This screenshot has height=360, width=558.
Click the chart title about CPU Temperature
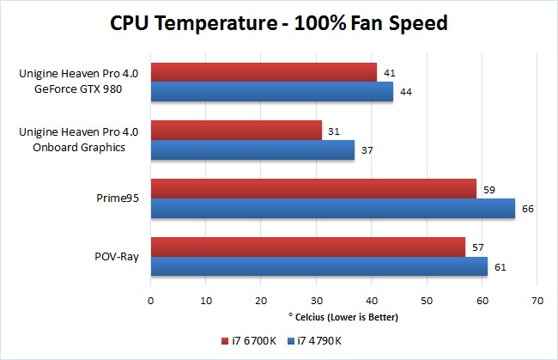point(278,23)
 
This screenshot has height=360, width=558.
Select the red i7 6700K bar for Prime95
point(313,188)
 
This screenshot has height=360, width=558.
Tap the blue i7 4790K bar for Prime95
point(333,209)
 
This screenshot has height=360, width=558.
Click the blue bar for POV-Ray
point(319,267)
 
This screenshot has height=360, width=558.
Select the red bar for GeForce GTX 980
point(264,72)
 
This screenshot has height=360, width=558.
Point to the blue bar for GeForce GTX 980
point(272,92)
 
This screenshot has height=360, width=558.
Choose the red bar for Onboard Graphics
point(236,130)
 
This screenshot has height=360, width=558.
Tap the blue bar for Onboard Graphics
point(252,150)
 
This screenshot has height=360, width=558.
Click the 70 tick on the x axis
point(537,301)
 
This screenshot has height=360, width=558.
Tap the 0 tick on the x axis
point(151,301)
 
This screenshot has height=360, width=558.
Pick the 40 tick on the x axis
point(372,301)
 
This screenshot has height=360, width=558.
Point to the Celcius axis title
point(343,317)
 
